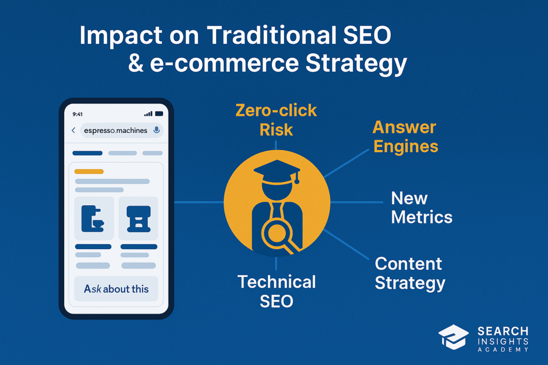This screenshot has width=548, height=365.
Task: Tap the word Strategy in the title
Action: coord(356,64)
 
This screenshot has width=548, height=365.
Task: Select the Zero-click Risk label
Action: coord(276,120)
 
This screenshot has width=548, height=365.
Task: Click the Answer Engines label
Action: coord(406,137)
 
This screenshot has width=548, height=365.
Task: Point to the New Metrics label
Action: coord(422,208)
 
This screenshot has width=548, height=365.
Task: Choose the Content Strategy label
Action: coord(410,273)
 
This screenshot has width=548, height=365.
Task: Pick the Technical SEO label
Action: coord(277,291)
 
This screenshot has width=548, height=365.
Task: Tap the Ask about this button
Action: coord(116,289)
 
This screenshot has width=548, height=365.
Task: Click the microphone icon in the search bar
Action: coord(157,130)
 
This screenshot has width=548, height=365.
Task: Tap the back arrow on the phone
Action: coord(73,130)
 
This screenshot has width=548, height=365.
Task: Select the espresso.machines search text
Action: coord(116,130)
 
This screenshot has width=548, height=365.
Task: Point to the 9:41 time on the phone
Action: coord(78,114)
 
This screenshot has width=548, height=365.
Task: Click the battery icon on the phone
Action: coord(159,114)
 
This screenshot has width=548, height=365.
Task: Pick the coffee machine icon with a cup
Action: coord(93,219)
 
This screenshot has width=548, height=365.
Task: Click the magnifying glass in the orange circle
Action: coord(278,236)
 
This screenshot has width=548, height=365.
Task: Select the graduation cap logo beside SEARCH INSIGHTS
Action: coord(453,337)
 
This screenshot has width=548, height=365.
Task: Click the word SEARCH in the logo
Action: coord(503,331)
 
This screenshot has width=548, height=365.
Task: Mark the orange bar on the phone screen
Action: coord(89,172)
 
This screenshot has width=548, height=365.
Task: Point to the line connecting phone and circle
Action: coord(199,202)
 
